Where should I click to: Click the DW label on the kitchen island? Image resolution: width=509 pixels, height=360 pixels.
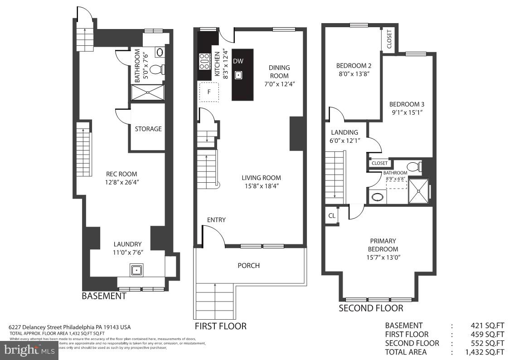click(238, 61)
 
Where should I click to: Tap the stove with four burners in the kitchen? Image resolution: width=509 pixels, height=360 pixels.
click(204, 61)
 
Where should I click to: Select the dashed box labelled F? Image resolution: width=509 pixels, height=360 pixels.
click(209, 92)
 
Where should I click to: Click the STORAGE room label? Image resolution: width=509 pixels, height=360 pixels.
click(148, 129)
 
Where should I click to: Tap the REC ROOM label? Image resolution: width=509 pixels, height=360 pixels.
click(121, 174)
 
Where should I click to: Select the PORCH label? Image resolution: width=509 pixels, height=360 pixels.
click(249, 265)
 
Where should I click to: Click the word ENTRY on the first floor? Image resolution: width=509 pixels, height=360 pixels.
click(216, 220)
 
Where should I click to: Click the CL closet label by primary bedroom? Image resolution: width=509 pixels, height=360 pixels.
click(332, 216)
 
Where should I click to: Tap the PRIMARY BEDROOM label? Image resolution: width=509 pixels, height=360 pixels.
click(383, 245)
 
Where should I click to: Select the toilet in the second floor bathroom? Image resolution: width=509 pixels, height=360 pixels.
click(414, 166)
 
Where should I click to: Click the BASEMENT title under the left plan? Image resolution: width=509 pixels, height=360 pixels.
click(104, 296)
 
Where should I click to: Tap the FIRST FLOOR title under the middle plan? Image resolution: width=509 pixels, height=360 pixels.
click(221, 326)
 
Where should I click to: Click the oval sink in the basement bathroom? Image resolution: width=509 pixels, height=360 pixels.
click(160, 52)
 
